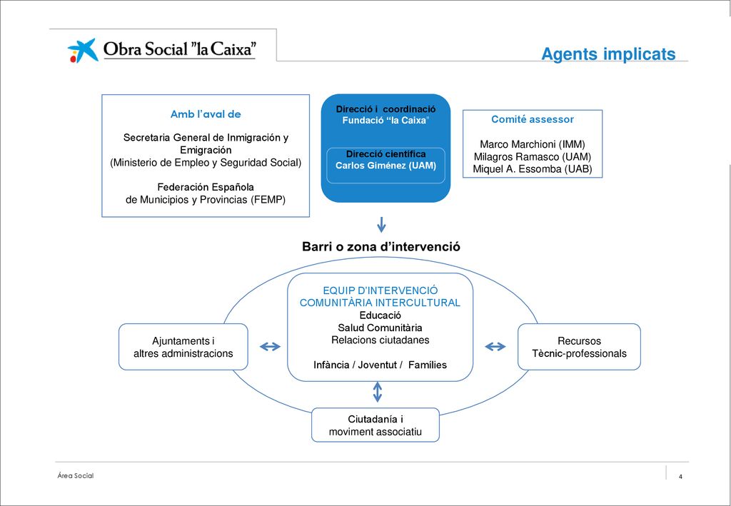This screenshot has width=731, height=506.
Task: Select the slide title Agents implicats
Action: coord(608,54)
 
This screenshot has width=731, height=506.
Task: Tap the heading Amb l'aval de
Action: coord(206,114)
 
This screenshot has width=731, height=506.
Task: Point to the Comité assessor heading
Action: coord(533,119)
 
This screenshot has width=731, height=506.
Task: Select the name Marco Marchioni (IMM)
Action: coord(533,144)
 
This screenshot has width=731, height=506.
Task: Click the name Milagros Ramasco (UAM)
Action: coord(533,157)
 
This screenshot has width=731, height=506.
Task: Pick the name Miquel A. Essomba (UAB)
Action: coord(533,169)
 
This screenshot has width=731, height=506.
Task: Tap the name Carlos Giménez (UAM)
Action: coord(386,166)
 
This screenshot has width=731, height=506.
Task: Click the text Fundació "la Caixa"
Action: coord(385,121)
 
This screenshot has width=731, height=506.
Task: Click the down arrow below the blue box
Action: coord(381,225)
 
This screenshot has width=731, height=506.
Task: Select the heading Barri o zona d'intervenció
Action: coord(381,246)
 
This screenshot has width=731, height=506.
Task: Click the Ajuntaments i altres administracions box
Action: coord(183,347)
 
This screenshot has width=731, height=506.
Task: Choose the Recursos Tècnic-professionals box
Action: coord(579,347)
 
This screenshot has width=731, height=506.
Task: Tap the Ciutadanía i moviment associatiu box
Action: coord(375,425)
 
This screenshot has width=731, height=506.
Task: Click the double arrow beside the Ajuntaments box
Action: coord(270,346)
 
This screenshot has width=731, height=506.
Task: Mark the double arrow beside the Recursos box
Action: coord(495,346)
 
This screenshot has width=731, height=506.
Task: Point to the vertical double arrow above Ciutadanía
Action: coord(378,392)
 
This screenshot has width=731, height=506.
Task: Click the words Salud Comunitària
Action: coord(380,328)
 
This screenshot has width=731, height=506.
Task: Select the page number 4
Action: coord(680,477)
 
